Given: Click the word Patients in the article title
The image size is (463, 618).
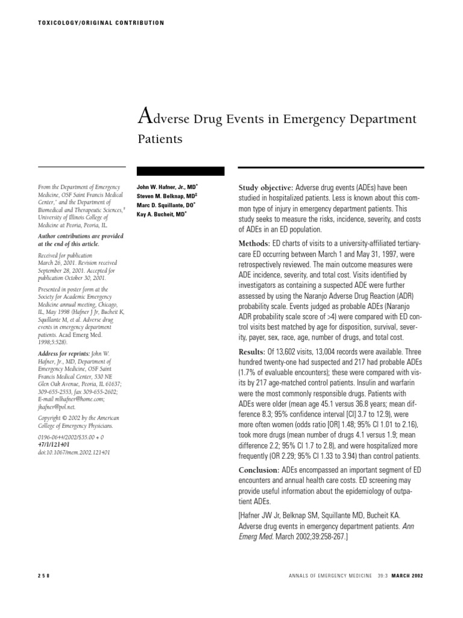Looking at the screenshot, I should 160,139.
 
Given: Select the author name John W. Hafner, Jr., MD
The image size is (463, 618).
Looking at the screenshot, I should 167,188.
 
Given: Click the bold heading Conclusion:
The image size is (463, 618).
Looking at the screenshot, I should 260,470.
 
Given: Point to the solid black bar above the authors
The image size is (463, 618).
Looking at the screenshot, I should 181,171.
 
